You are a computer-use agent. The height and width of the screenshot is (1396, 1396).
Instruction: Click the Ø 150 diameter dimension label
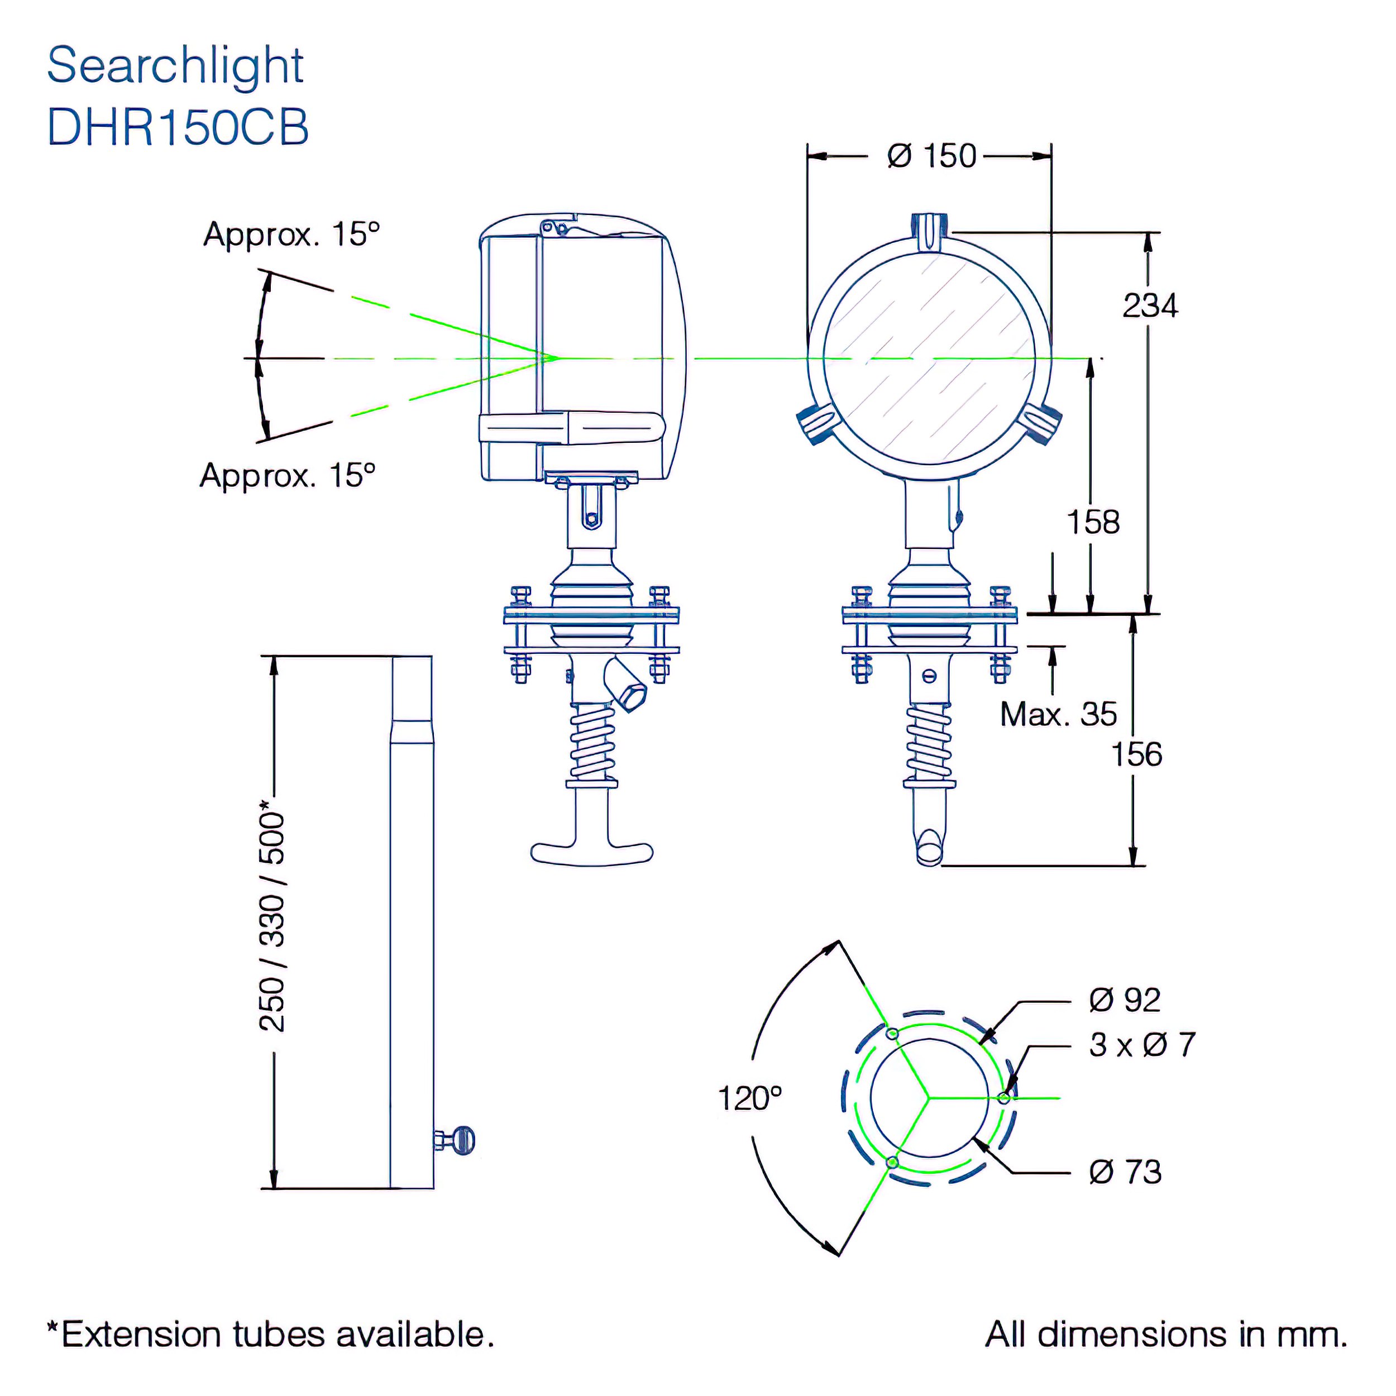(931, 156)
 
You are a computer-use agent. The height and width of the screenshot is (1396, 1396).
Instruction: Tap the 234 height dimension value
(1150, 305)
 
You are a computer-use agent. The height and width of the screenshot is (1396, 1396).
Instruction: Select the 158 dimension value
(1093, 522)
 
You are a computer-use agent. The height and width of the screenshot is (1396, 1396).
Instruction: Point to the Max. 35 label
(1058, 714)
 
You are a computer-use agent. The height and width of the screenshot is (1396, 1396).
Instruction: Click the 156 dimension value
(1136, 754)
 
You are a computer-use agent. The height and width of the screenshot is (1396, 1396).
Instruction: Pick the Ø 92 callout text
(1124, 1000)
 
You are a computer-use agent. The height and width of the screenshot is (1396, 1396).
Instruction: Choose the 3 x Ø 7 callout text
(1142, 1045)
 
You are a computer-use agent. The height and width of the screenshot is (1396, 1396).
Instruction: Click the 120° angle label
(749, 1098)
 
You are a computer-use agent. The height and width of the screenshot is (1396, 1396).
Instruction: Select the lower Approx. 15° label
(288, 475)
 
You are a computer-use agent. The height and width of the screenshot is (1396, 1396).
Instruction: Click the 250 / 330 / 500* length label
(272, 922)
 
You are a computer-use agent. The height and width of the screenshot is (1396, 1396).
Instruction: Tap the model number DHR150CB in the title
(178, 127)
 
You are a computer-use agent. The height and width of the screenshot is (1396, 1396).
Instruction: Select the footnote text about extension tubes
(271, 1335)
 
